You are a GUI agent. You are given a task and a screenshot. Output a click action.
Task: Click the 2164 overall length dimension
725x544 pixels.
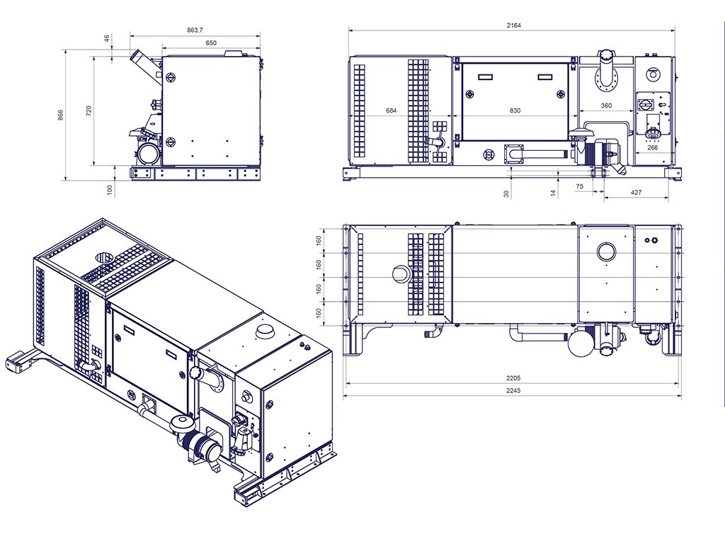point(513,25)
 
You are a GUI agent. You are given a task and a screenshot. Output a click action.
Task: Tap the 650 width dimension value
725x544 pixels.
point(211,42)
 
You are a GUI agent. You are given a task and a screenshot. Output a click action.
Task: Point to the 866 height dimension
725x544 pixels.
point(60,114)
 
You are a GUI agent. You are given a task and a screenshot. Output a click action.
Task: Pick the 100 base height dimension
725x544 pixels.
point(110,189)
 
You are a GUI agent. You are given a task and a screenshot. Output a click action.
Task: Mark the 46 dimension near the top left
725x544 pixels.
point(107,39)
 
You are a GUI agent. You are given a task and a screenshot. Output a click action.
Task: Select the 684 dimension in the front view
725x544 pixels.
point(391,110)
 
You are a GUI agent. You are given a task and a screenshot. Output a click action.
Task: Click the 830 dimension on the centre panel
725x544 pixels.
point(515,110)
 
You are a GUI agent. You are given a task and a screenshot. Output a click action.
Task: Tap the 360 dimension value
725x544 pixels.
point(606,106)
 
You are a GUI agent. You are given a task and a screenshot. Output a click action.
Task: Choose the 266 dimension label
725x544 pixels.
point(652,147)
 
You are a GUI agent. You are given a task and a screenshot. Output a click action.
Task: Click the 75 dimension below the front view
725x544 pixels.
point(579,186)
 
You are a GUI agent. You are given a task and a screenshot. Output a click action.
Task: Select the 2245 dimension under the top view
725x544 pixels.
point(513,391)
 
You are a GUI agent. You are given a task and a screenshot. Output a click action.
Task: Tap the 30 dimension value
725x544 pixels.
point(506,193)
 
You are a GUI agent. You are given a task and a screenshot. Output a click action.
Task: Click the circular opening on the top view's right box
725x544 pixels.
point(607,251)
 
